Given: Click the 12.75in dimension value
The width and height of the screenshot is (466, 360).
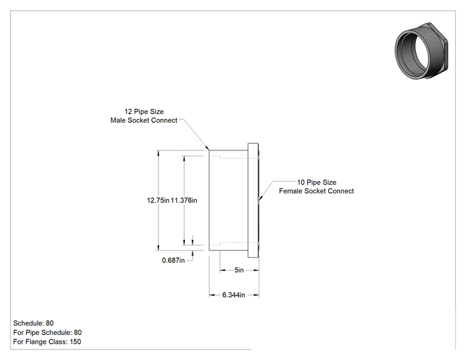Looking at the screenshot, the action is [158, 200].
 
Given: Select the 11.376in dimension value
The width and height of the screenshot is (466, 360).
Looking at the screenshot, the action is [184, 200].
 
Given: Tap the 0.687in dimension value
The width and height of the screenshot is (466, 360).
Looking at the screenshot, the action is [173, 260].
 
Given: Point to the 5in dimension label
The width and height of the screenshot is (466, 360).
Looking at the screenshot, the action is [239, 270].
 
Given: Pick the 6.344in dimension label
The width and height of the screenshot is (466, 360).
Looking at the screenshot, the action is [234, 295].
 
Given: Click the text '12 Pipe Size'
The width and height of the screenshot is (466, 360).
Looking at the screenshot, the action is [144, 111].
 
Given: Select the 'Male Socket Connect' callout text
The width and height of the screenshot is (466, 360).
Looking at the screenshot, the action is [144, 120].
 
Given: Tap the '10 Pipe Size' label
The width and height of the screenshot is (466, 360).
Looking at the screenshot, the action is [317, 182].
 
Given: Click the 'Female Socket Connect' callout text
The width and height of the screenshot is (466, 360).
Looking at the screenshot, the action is [316, 191].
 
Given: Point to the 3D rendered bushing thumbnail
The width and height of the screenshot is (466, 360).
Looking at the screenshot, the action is [422, 51].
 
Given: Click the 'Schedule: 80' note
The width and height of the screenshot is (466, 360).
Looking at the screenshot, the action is [34, 323].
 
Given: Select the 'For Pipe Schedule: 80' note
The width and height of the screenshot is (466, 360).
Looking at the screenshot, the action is [48, 332].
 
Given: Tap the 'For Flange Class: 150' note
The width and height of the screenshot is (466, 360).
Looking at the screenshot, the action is [47, 342].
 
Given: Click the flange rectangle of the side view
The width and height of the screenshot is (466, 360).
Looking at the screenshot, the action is [253, 200].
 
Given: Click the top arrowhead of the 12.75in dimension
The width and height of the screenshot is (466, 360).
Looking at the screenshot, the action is [158, 153].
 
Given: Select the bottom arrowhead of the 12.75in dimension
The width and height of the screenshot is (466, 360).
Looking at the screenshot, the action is [158, 247].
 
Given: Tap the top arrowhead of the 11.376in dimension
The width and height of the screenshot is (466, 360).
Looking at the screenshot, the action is [184, 158].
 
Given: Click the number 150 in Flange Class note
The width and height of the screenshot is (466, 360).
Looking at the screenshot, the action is [76, 342].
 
